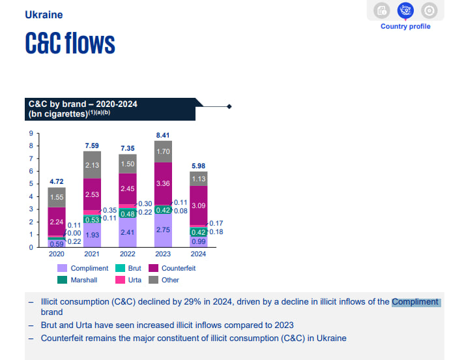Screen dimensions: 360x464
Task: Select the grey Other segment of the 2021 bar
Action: click(92, 165)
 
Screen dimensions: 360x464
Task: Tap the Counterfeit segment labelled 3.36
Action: click(163, 184)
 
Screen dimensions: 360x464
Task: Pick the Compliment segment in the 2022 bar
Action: click(128, 232)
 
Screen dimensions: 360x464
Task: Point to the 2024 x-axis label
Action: click(199, 254)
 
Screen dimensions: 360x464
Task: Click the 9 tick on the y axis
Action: click(30, 134)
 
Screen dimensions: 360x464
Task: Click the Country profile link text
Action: click(405, 27)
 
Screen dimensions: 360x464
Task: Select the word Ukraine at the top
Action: click(44, 14)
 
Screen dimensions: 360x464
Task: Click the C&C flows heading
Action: click(70, 43)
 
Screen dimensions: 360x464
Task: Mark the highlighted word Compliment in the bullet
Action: click(415, 302)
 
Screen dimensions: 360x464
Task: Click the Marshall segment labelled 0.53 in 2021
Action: click(92, 220)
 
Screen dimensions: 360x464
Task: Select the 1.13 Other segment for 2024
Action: click(199, 179)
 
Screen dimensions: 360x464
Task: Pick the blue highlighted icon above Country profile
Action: click(405, 10)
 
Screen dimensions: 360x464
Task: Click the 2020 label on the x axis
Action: click(57, 254)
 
